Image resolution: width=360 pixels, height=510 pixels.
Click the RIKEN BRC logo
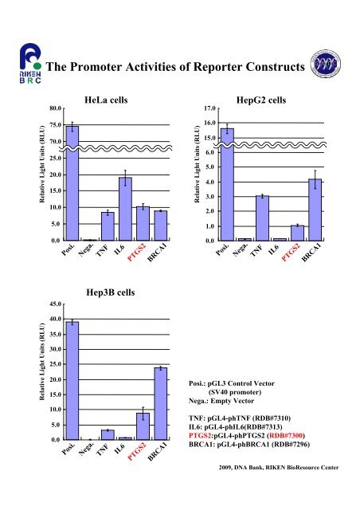(30, 64)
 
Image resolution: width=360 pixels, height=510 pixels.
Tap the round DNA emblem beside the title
(325, 64)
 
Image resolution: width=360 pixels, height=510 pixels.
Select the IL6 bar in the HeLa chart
(125, 209)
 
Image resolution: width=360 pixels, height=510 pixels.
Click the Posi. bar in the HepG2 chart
(227, 184)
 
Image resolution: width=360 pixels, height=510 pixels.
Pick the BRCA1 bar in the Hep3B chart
(161, 404)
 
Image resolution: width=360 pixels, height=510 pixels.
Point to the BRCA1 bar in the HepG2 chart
(315, 210)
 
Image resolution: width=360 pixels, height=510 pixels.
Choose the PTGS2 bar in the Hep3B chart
(143, 426)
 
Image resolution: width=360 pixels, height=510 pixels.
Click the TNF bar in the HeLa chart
(108, 226)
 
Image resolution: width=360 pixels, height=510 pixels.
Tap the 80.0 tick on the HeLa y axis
(55, 108)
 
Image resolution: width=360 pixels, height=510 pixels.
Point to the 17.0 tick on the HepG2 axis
(209, 108)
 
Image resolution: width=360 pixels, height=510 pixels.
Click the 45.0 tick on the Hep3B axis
(55, 304)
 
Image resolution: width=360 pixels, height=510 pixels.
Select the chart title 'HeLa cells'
(106, 100)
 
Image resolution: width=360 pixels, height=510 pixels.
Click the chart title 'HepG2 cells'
(261, 100)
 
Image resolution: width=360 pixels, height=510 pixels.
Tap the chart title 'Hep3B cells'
(110, 292)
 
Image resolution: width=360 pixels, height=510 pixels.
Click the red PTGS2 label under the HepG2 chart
(291, 253)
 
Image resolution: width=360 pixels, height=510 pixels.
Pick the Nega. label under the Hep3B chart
(86, 449)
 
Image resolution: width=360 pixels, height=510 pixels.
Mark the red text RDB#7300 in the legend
(286, 436)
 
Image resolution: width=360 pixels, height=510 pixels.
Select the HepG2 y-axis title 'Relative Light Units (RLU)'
(197, 164)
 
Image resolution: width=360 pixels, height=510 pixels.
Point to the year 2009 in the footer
(225, 468)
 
